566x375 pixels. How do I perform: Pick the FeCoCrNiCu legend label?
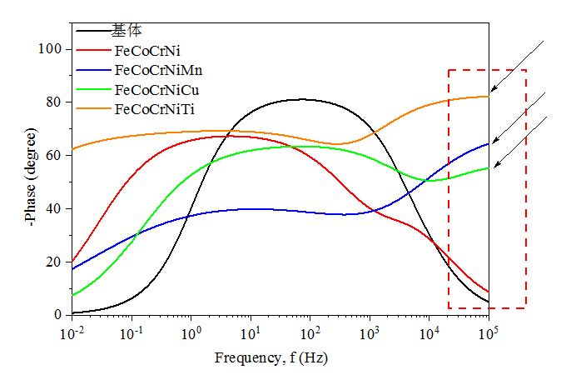(x=157, y=89)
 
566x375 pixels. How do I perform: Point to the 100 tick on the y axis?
(x=52, y=49)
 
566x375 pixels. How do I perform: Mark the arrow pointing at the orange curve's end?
(x=516, y=66)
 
